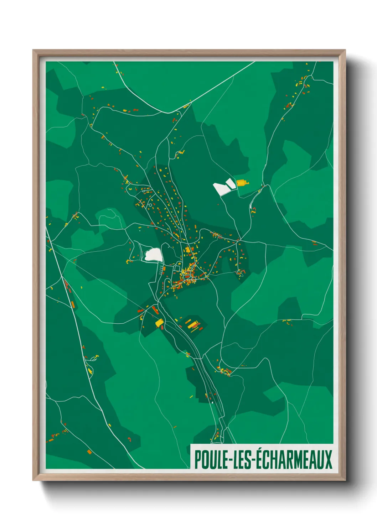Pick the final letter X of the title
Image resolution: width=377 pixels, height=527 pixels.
point(328,460)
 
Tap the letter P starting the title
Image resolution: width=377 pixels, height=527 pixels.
point(198,460)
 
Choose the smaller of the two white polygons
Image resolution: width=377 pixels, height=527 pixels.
point(231,183)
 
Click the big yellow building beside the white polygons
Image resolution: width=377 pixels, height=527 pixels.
point(242,183)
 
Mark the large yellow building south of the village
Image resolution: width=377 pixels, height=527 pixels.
point(159,323)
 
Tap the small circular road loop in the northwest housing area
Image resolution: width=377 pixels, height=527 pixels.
point(150,205)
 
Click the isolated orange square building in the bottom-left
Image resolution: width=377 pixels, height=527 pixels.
point(89,452)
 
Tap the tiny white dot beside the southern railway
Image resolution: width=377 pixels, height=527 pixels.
point(213,402)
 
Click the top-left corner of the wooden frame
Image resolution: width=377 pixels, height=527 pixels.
point(33,50)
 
